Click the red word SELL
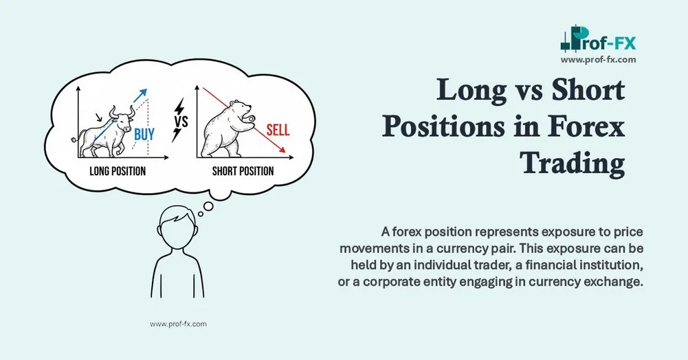point(278,129)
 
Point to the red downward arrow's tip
point(286,153)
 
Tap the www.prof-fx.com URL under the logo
point(598,60)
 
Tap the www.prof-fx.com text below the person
point(178,323)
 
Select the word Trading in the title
point(572,164)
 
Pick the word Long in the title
point(470,91)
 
